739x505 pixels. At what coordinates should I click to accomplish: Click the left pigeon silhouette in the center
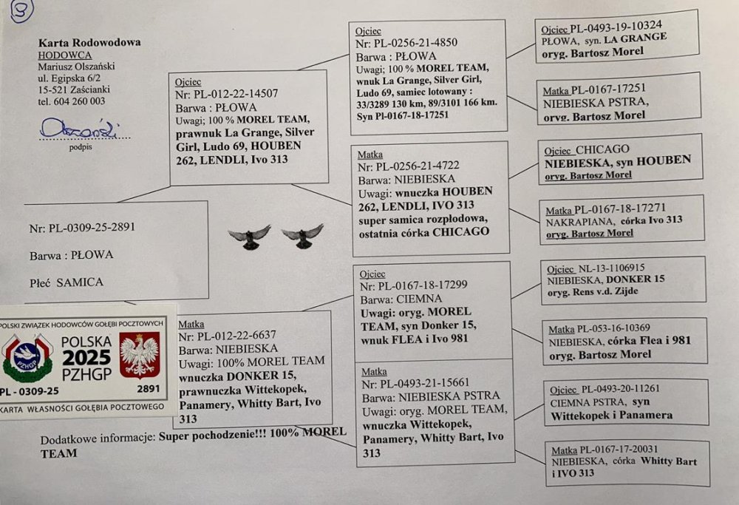click(250, 236)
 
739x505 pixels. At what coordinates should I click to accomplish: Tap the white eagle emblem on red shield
click(139, 354)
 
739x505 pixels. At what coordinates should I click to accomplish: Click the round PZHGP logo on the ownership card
click(27, 357)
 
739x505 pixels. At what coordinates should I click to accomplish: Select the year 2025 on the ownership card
click(86, 358)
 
